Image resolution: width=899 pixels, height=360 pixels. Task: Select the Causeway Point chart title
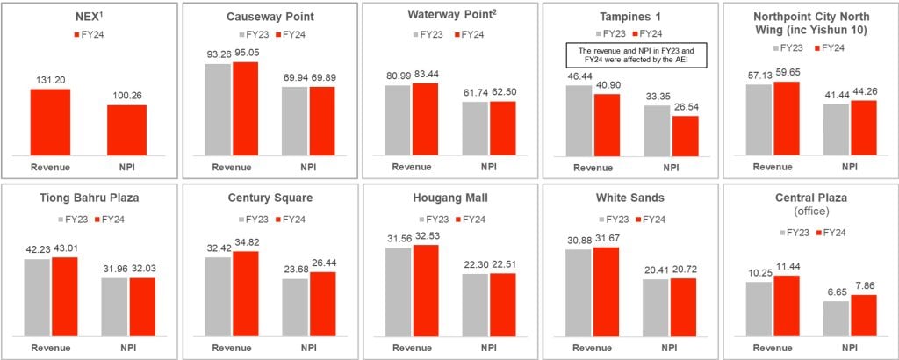pos(268,16)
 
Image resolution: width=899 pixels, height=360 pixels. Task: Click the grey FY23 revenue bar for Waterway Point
pos(398,120)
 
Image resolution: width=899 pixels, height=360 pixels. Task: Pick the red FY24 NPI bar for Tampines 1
pos(685,135)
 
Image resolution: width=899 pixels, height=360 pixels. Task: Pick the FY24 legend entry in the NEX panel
pos(90,34)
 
